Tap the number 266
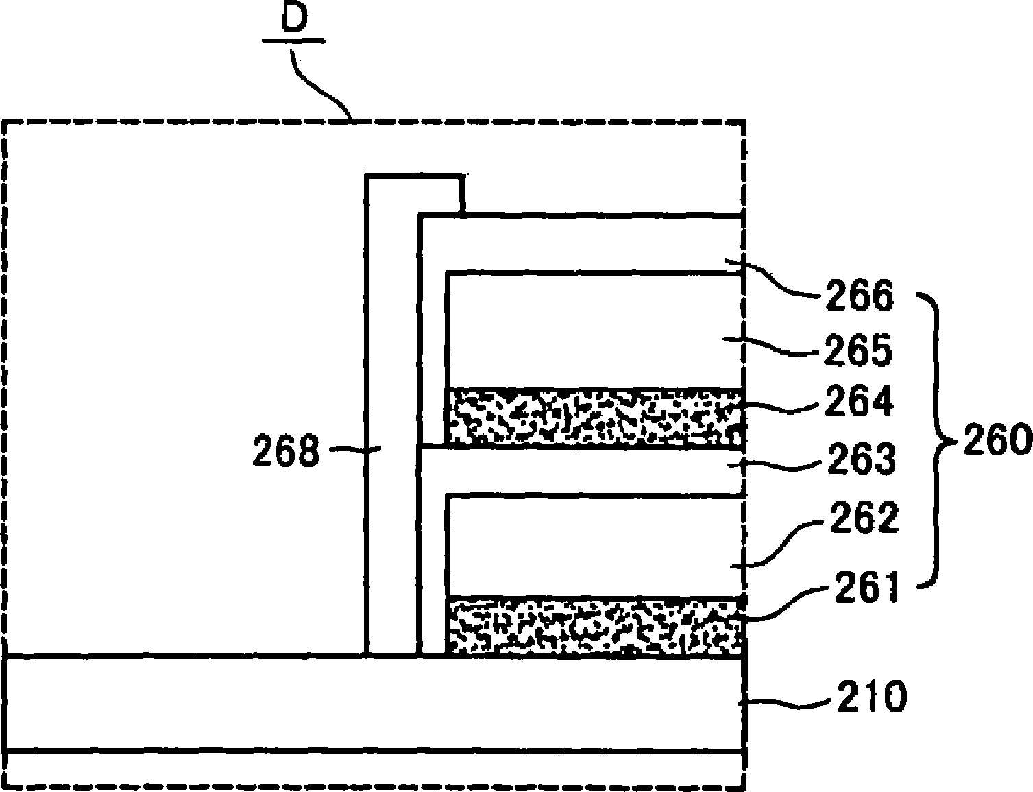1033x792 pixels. [860, 296]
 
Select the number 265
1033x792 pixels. [860, 350]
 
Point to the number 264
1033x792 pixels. [860, 401]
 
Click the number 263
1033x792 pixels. [861, 460]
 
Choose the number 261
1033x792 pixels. [865, 588]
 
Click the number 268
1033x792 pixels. [286, 452]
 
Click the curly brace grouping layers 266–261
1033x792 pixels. [936, 439]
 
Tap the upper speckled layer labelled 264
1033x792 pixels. [594, 417]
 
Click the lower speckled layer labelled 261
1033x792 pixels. [594, 625]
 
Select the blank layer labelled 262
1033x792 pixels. [594, 545]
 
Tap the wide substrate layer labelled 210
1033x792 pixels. [374, 704]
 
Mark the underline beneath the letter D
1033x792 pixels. [293, 42]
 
